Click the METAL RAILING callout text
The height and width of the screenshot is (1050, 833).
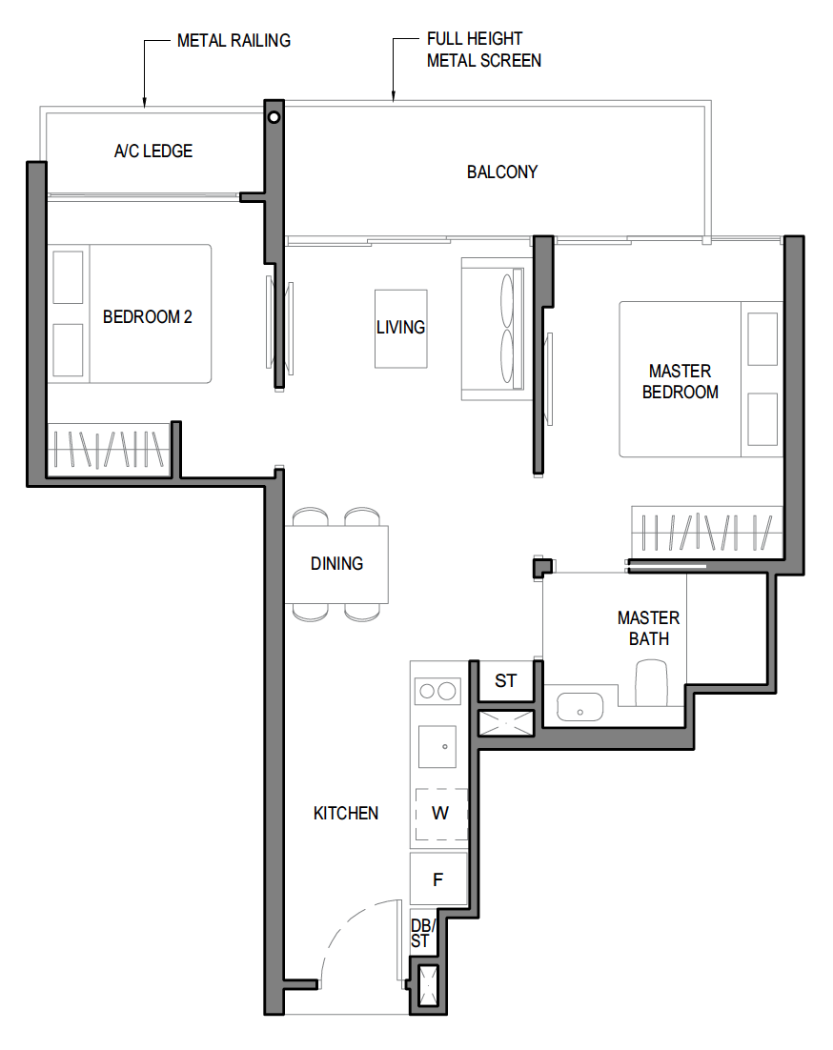[234, 41]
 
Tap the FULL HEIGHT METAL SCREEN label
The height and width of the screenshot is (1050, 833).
[483, 50]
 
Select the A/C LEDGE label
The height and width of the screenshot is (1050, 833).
[153, 151]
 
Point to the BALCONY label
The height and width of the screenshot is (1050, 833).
[502, 172]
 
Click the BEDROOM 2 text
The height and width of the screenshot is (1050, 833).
[148, 316]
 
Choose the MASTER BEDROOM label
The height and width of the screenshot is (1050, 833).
[681, 381]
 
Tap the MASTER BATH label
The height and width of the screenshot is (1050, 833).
[648, 628]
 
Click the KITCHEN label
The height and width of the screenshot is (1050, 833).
[346, 813]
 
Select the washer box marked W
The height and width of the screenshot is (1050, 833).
[440, 814]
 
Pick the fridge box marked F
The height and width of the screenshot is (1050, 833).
[438, 879]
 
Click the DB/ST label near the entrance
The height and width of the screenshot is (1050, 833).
[422, 934]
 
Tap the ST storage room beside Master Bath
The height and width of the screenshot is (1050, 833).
[505, 681]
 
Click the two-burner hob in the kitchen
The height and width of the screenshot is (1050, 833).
[437, 691]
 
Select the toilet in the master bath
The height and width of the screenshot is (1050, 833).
[651, 682]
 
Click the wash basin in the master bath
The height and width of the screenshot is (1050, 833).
[579, 707]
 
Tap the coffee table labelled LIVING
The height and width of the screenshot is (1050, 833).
[401, 329]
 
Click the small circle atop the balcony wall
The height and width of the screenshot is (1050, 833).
[274, 117]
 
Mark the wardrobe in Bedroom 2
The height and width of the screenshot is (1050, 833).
[108, 450]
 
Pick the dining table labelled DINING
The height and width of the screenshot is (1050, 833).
[336, 564]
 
